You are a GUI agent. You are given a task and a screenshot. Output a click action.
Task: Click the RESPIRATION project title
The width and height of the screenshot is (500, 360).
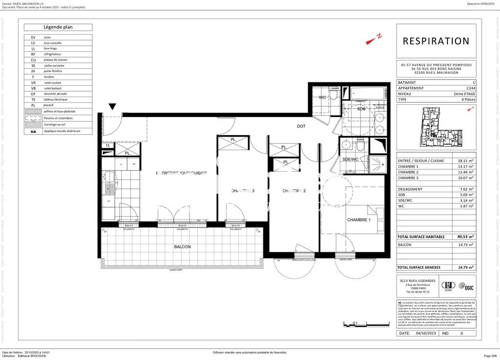coord(436,41)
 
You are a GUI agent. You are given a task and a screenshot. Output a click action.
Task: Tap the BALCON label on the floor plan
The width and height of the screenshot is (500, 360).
coord(182,247)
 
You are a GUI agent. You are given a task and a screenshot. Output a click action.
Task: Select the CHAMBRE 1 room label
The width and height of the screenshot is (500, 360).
coord(359,220)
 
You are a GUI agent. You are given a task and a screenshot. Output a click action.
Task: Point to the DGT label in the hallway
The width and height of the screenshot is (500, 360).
coord(301,126)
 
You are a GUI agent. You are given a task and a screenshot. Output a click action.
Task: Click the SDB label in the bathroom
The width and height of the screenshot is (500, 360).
coord(361,109)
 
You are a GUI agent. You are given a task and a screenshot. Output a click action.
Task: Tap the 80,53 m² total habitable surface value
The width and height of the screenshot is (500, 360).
coord(463,237)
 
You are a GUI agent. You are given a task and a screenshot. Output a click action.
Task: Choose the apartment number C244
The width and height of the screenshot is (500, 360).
coord(470,88)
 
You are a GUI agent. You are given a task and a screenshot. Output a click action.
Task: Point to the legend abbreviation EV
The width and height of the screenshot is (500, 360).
coord(33,38)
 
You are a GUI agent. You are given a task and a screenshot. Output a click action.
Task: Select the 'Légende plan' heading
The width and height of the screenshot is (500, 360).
coord(58,27)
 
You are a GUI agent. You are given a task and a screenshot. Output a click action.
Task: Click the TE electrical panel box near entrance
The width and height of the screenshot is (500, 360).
coord(107,145)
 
